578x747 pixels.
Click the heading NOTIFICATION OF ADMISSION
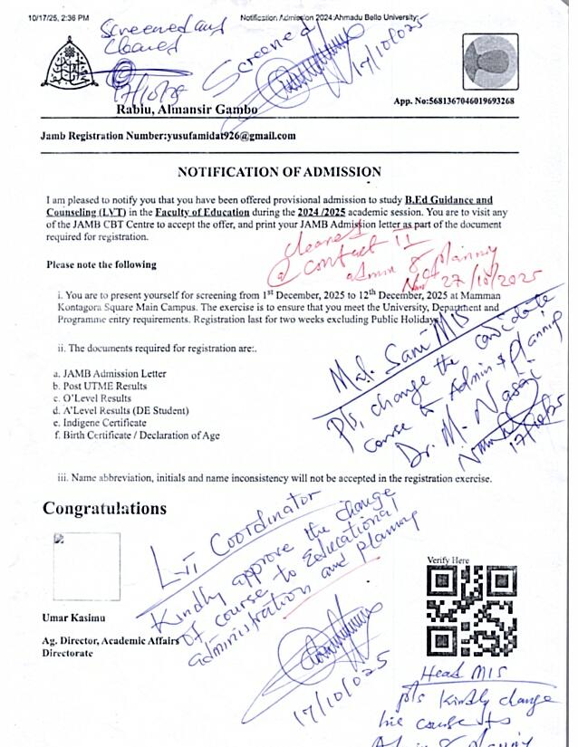(279, 172)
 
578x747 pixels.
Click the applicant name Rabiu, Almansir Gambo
(187, 110)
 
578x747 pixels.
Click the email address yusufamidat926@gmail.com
(231, 136)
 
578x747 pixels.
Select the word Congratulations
(104, 508)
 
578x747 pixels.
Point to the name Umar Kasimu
(73, 618)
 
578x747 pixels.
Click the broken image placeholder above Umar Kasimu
(86, 566)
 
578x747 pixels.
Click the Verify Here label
(447, 561)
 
